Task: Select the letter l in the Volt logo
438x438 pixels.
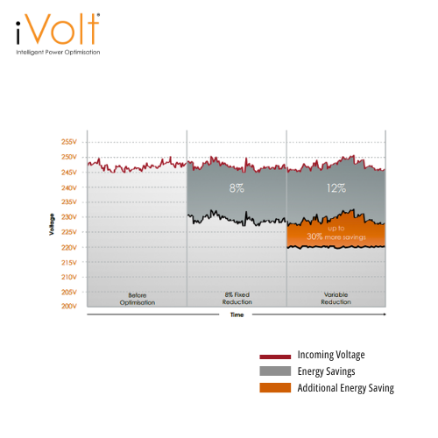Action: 80,29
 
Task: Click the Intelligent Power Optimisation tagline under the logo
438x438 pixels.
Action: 58,53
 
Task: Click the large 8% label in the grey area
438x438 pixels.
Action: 237,187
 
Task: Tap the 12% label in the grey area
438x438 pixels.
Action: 336,187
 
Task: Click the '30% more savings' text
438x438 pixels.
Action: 336,237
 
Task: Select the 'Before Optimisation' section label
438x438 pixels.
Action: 137,299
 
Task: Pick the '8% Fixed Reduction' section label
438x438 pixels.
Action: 237,299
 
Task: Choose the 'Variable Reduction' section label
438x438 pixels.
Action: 336,299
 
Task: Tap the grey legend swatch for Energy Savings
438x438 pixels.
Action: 275,372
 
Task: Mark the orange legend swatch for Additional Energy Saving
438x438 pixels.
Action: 275,388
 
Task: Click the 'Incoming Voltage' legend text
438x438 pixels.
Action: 331,355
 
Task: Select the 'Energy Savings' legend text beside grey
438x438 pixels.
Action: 327,371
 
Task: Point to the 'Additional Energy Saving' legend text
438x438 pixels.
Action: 346,387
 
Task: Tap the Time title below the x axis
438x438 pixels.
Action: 236,314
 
